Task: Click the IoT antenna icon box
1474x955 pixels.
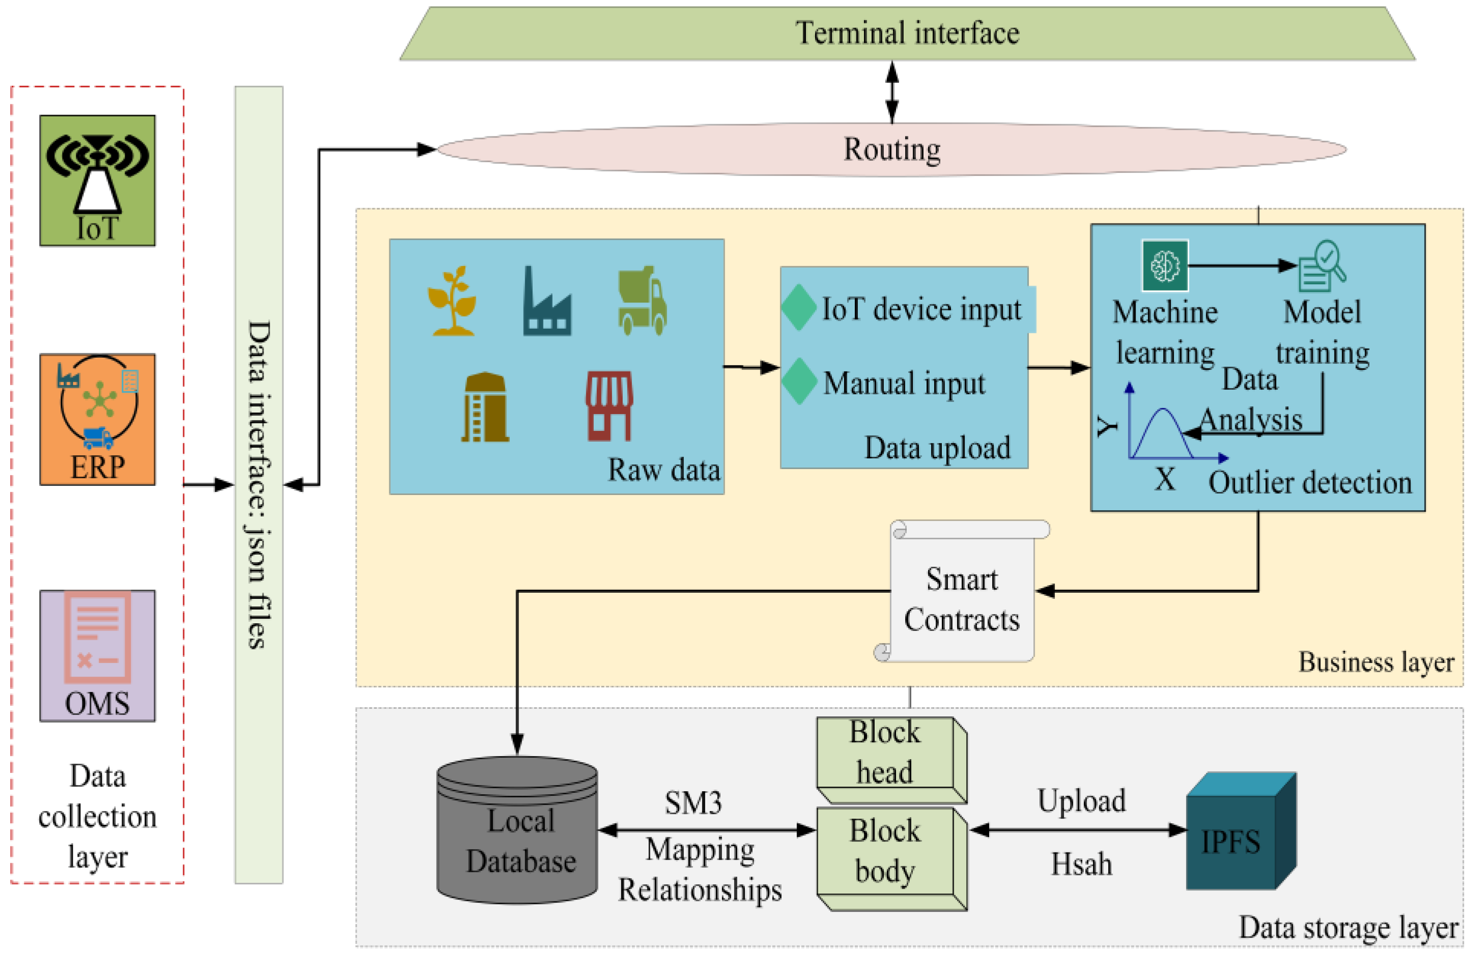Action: click(x=97, y=180)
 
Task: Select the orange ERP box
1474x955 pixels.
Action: click(x=97, y=419)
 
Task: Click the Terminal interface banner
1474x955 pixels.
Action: click(x=907, y=34)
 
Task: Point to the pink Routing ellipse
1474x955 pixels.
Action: click(x=892, y=149)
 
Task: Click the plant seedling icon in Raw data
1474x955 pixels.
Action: click(x=453, y=301)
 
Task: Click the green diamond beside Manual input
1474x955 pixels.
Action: click(x=799, y=382)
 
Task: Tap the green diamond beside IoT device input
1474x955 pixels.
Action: click(x=799, y=307)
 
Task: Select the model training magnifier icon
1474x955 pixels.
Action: click(x=1322, y=266)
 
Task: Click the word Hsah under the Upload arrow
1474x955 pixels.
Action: click(x=1081, y=864)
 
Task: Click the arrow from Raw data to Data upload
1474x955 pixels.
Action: click(x=751, y=367)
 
